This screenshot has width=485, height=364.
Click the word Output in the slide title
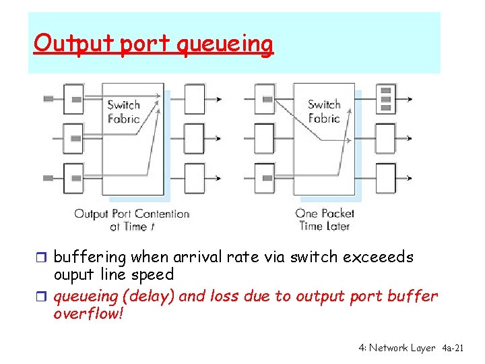(x=59, y=44)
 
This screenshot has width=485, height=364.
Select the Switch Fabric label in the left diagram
(x=124, y=112)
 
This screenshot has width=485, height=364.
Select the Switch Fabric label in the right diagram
(x=324, y=111)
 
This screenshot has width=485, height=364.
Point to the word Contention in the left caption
(x=162, y=214)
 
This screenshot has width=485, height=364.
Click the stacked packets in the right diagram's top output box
(x=385, y=98)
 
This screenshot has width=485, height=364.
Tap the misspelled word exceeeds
(x=379, y=257)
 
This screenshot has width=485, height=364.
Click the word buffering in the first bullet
(x=90, y=257)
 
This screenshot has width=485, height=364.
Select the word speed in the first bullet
(x=154, y=275)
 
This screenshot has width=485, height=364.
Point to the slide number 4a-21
(x=451, y=348)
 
